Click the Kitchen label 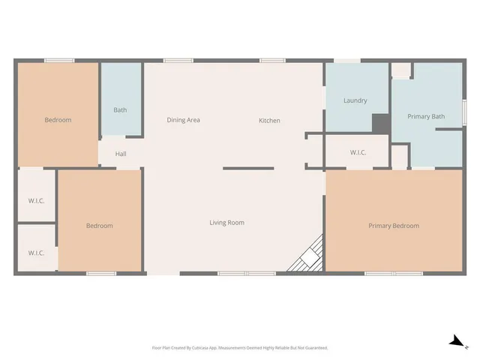point(269,121)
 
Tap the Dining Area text point(183,120)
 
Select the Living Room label point(226,223)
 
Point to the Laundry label point(355,100)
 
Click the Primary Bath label point(426,117)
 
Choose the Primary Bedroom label point(393,226)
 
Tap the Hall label point(121,154)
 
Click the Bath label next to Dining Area point(120,110)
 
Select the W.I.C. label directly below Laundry point(358,153)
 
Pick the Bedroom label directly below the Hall point(99,226)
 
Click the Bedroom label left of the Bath point(58,120)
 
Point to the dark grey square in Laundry point(380,123)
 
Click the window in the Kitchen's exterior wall point(271,60)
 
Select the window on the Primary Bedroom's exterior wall point(394,274)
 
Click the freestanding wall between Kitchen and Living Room point(248,168)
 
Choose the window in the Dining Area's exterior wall point(178,60)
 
